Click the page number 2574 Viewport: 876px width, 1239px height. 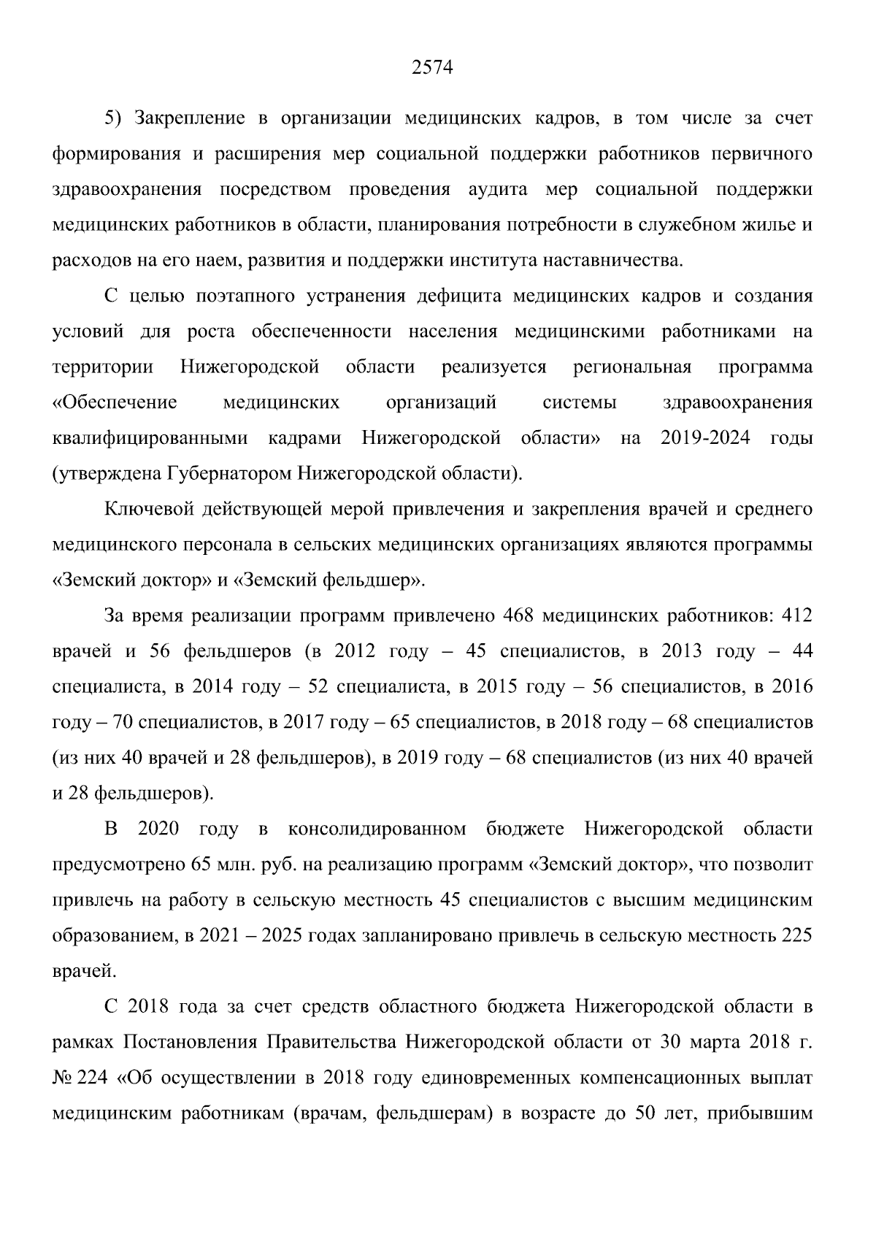click(x=433, y=69)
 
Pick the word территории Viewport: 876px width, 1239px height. click(x=103, y=367)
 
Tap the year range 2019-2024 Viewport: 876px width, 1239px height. click(x=705, y=438)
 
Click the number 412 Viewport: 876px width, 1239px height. click(x=796, y=616)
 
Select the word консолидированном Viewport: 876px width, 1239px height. click(x=377, y=829)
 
